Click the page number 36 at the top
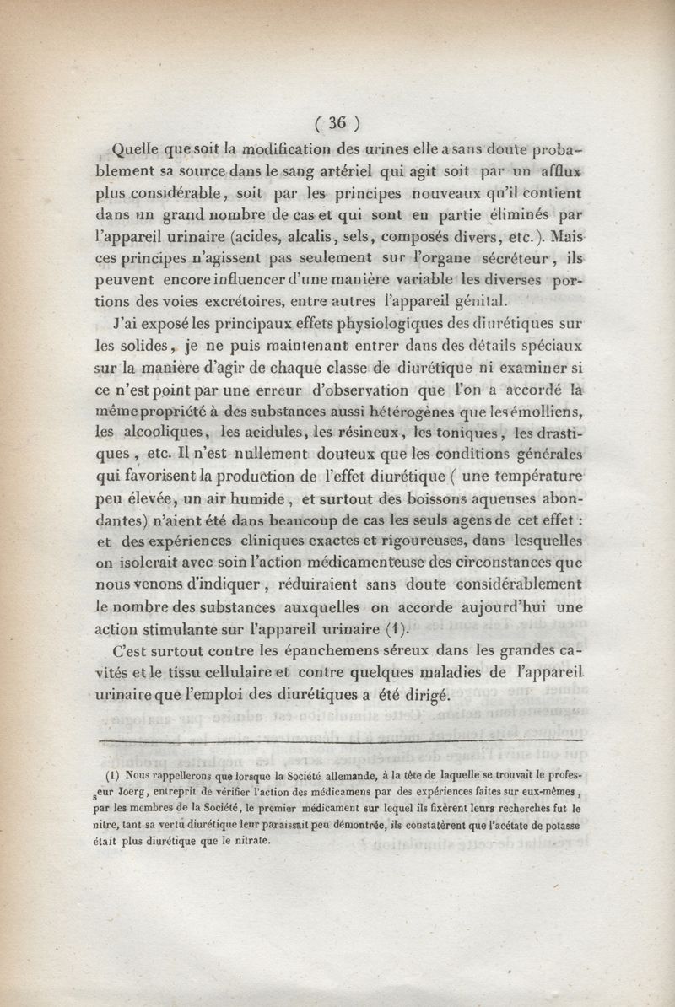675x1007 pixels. tap(337, 123)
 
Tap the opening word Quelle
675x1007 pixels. tap(143, 151)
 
